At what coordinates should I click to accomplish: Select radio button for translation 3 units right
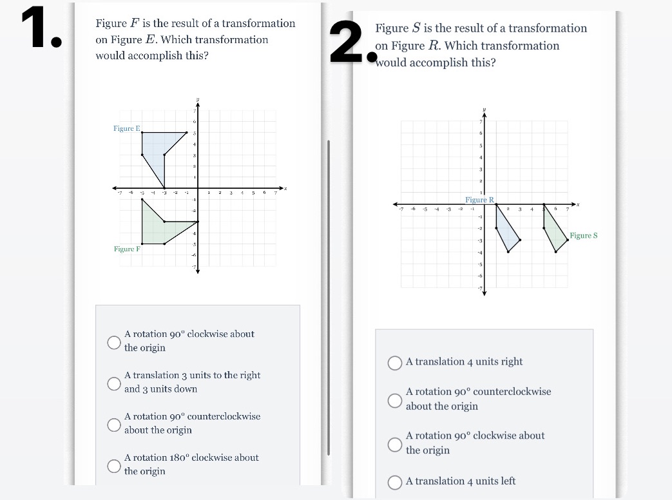point(114,383)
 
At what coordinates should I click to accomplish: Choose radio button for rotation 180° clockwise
point(114,465)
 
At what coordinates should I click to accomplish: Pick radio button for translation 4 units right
point(395,363)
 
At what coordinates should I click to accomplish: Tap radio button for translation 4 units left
point(395,482)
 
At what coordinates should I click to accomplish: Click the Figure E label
point(126,129)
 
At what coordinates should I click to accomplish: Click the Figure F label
point(126,249)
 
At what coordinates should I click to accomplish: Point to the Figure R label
point(479,200)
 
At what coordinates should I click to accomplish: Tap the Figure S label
point(583,236)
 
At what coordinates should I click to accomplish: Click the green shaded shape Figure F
point(158,229)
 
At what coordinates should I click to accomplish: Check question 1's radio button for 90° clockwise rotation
point(114,341)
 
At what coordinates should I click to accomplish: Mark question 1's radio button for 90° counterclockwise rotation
point(114,424)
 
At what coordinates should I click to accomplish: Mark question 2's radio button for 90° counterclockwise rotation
point(395,399)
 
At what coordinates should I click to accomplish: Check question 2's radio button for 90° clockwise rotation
point(395,443)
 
